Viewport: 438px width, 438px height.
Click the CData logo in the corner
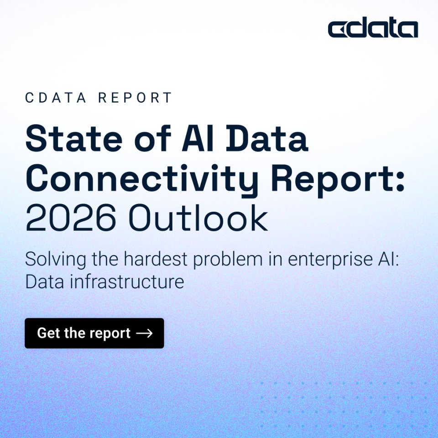coord(373,28)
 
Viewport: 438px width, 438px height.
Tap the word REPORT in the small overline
coord(136,98)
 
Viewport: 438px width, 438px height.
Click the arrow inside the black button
coord(144,334)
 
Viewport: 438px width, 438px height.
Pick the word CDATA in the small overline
coord(55,98)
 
